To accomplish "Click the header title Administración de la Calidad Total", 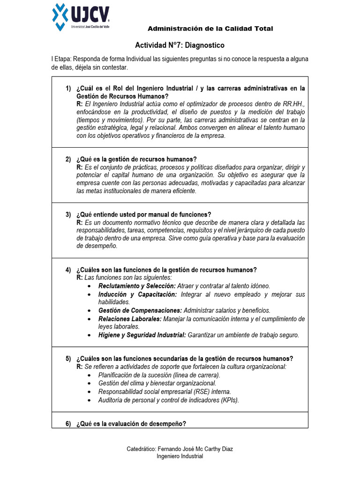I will pyautogui.click(x=210, y=29).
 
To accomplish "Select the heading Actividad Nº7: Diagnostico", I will pyautogui.click(x=180, y=45).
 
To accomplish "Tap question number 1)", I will pyautogui.click(x=68, y=88).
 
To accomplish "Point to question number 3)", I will pyautogui.click(x=68, y=215).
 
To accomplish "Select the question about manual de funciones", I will pyautogui.click(x=143, y=215).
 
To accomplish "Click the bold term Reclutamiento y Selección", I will pyautogui.click(x=137, y=286).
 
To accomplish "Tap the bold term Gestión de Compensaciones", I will pyautogui.click(x=140, y=310).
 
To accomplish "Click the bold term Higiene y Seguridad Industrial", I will pyautogui.click(x=142, y=335).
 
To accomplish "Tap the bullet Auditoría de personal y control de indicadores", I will pyautogui.click(x=168, y=400).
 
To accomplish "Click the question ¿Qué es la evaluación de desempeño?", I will pyautogui.click(x=131, y=424).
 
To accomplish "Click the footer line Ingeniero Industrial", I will pyautogui.click(x=180, y=457).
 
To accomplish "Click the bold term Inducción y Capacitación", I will pyautogui.click(x=137, y=294).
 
